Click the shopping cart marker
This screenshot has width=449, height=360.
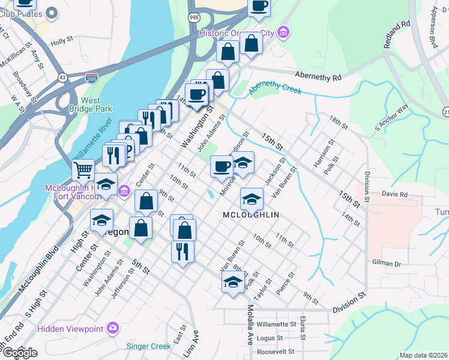83,170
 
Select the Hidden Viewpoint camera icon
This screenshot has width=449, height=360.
112,328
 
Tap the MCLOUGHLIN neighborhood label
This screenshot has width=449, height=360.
252,214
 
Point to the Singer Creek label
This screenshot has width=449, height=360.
149,346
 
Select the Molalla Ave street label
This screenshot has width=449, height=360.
250,325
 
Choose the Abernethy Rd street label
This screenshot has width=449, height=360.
318,76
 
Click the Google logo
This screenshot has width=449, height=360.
20,353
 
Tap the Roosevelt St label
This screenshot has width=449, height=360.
275,352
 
